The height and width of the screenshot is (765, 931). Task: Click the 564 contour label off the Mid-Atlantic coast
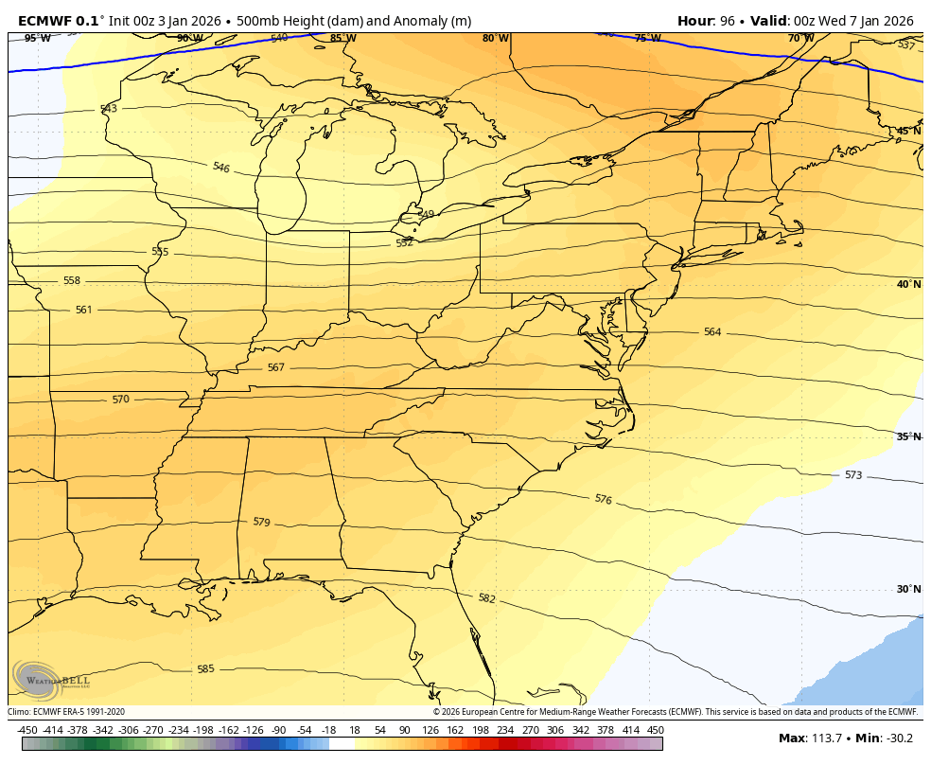pos(711,332)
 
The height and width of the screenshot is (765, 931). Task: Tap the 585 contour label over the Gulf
pos(205,669)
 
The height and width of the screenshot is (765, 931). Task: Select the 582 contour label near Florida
pos(486,598)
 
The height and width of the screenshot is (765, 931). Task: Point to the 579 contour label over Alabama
pos(261,522)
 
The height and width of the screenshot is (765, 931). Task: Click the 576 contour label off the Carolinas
pos(603,499)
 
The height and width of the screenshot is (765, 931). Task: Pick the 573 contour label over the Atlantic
pos(852,475)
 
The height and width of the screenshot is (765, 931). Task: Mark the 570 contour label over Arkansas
pos(120,400)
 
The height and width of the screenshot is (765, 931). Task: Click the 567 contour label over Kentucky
pos(275,367)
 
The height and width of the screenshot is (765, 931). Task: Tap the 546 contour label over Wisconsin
pos(220,168)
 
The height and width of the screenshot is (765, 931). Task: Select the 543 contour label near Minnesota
pos(109,109)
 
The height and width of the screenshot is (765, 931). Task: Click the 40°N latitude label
pos(908,284)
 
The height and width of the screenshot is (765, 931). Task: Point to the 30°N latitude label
pos(908,589)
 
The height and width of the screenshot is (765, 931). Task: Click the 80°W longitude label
pos(495,38)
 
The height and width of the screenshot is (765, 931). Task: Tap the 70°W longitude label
pos(800,38)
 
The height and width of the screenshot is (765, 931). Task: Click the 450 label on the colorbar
pos(655,730)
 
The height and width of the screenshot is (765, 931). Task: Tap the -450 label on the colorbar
pos(27,730)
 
